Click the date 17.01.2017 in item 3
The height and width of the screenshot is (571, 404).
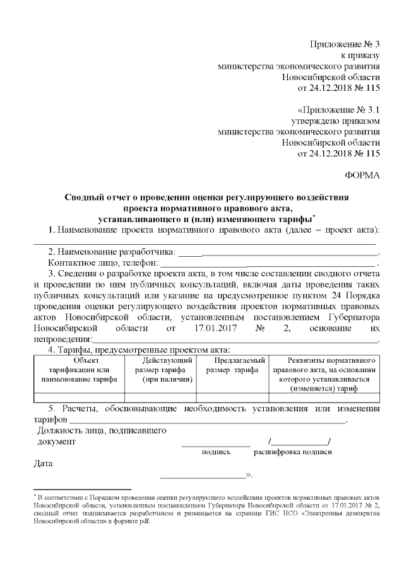211,328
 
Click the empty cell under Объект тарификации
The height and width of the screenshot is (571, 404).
78,397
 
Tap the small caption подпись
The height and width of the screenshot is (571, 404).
216,452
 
